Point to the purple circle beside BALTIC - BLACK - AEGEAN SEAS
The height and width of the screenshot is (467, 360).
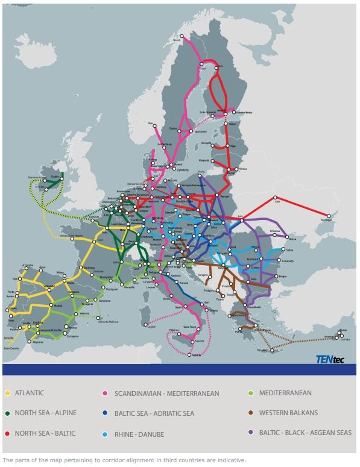coord(250,433)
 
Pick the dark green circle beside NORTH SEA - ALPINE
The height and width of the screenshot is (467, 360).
coord(8,414)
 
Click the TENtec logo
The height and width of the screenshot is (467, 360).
coord(330,359)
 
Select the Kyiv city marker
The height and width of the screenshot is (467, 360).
coord(276,198)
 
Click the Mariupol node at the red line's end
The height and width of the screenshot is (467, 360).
coord(329,215)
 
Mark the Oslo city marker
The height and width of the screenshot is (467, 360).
coord(154,125)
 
